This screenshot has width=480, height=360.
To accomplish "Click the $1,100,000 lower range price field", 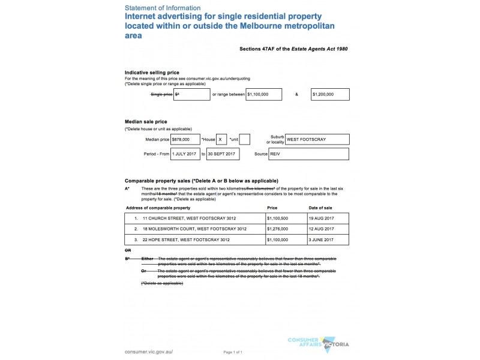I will (x=265, y=94).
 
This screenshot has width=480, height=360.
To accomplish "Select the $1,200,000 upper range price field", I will (x=329, y=94).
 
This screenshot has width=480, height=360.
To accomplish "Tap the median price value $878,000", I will (x=185, y=139).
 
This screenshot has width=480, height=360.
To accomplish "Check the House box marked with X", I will (x=221, y=139).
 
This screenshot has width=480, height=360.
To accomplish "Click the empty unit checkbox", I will (x=245, y=139).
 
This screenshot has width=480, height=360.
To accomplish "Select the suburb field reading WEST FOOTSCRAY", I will (x=317, y=139).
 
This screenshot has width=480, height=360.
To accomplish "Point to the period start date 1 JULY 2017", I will (x=185, y=154).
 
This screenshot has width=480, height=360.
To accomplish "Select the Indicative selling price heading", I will (x=152, y=73).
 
